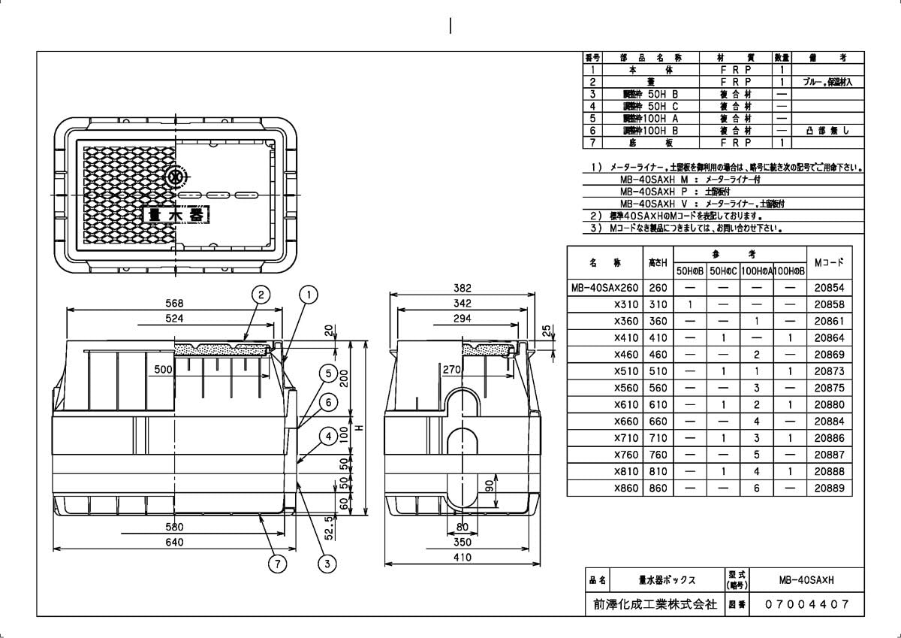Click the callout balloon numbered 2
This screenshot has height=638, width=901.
(260, 295)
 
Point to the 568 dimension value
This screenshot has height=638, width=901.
(174, 302)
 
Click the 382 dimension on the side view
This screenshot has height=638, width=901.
(462, 289)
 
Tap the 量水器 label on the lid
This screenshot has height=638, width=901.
(176, 214)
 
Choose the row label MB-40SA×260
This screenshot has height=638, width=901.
(604, 288)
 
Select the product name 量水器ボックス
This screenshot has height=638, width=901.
(667, 580)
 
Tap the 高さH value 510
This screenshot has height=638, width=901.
(657, 371)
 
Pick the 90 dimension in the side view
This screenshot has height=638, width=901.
(490, 486)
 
